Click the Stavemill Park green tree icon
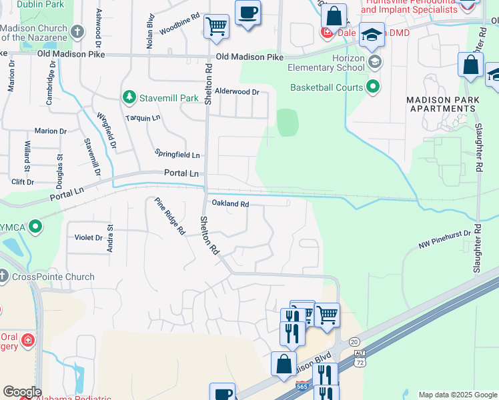pyautogui.click(x=129, y=98)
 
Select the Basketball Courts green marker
pyautogui.click(x=373, y=87)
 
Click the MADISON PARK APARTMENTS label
pyautogui.click(x=443, y=103)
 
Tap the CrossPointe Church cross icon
pyautogui.click(x=3, y=277)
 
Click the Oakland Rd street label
pyautogui.click(x=230, y=204)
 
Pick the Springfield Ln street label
pyautogui.click(x=177, y=155)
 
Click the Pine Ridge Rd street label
pyautogui.click(x=169, y=217)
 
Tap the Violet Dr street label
pyautogui.click(x=88, y=237)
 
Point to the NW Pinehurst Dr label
pyautogui.click(x=445, y=238)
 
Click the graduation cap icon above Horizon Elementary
pyautogui.click(x=372, y=35)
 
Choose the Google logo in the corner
pyautogui.click(x=22, y=391)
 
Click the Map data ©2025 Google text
pyautogui.click(x=457, y=395)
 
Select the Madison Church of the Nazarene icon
pyautogui.click(x=77, y=32)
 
